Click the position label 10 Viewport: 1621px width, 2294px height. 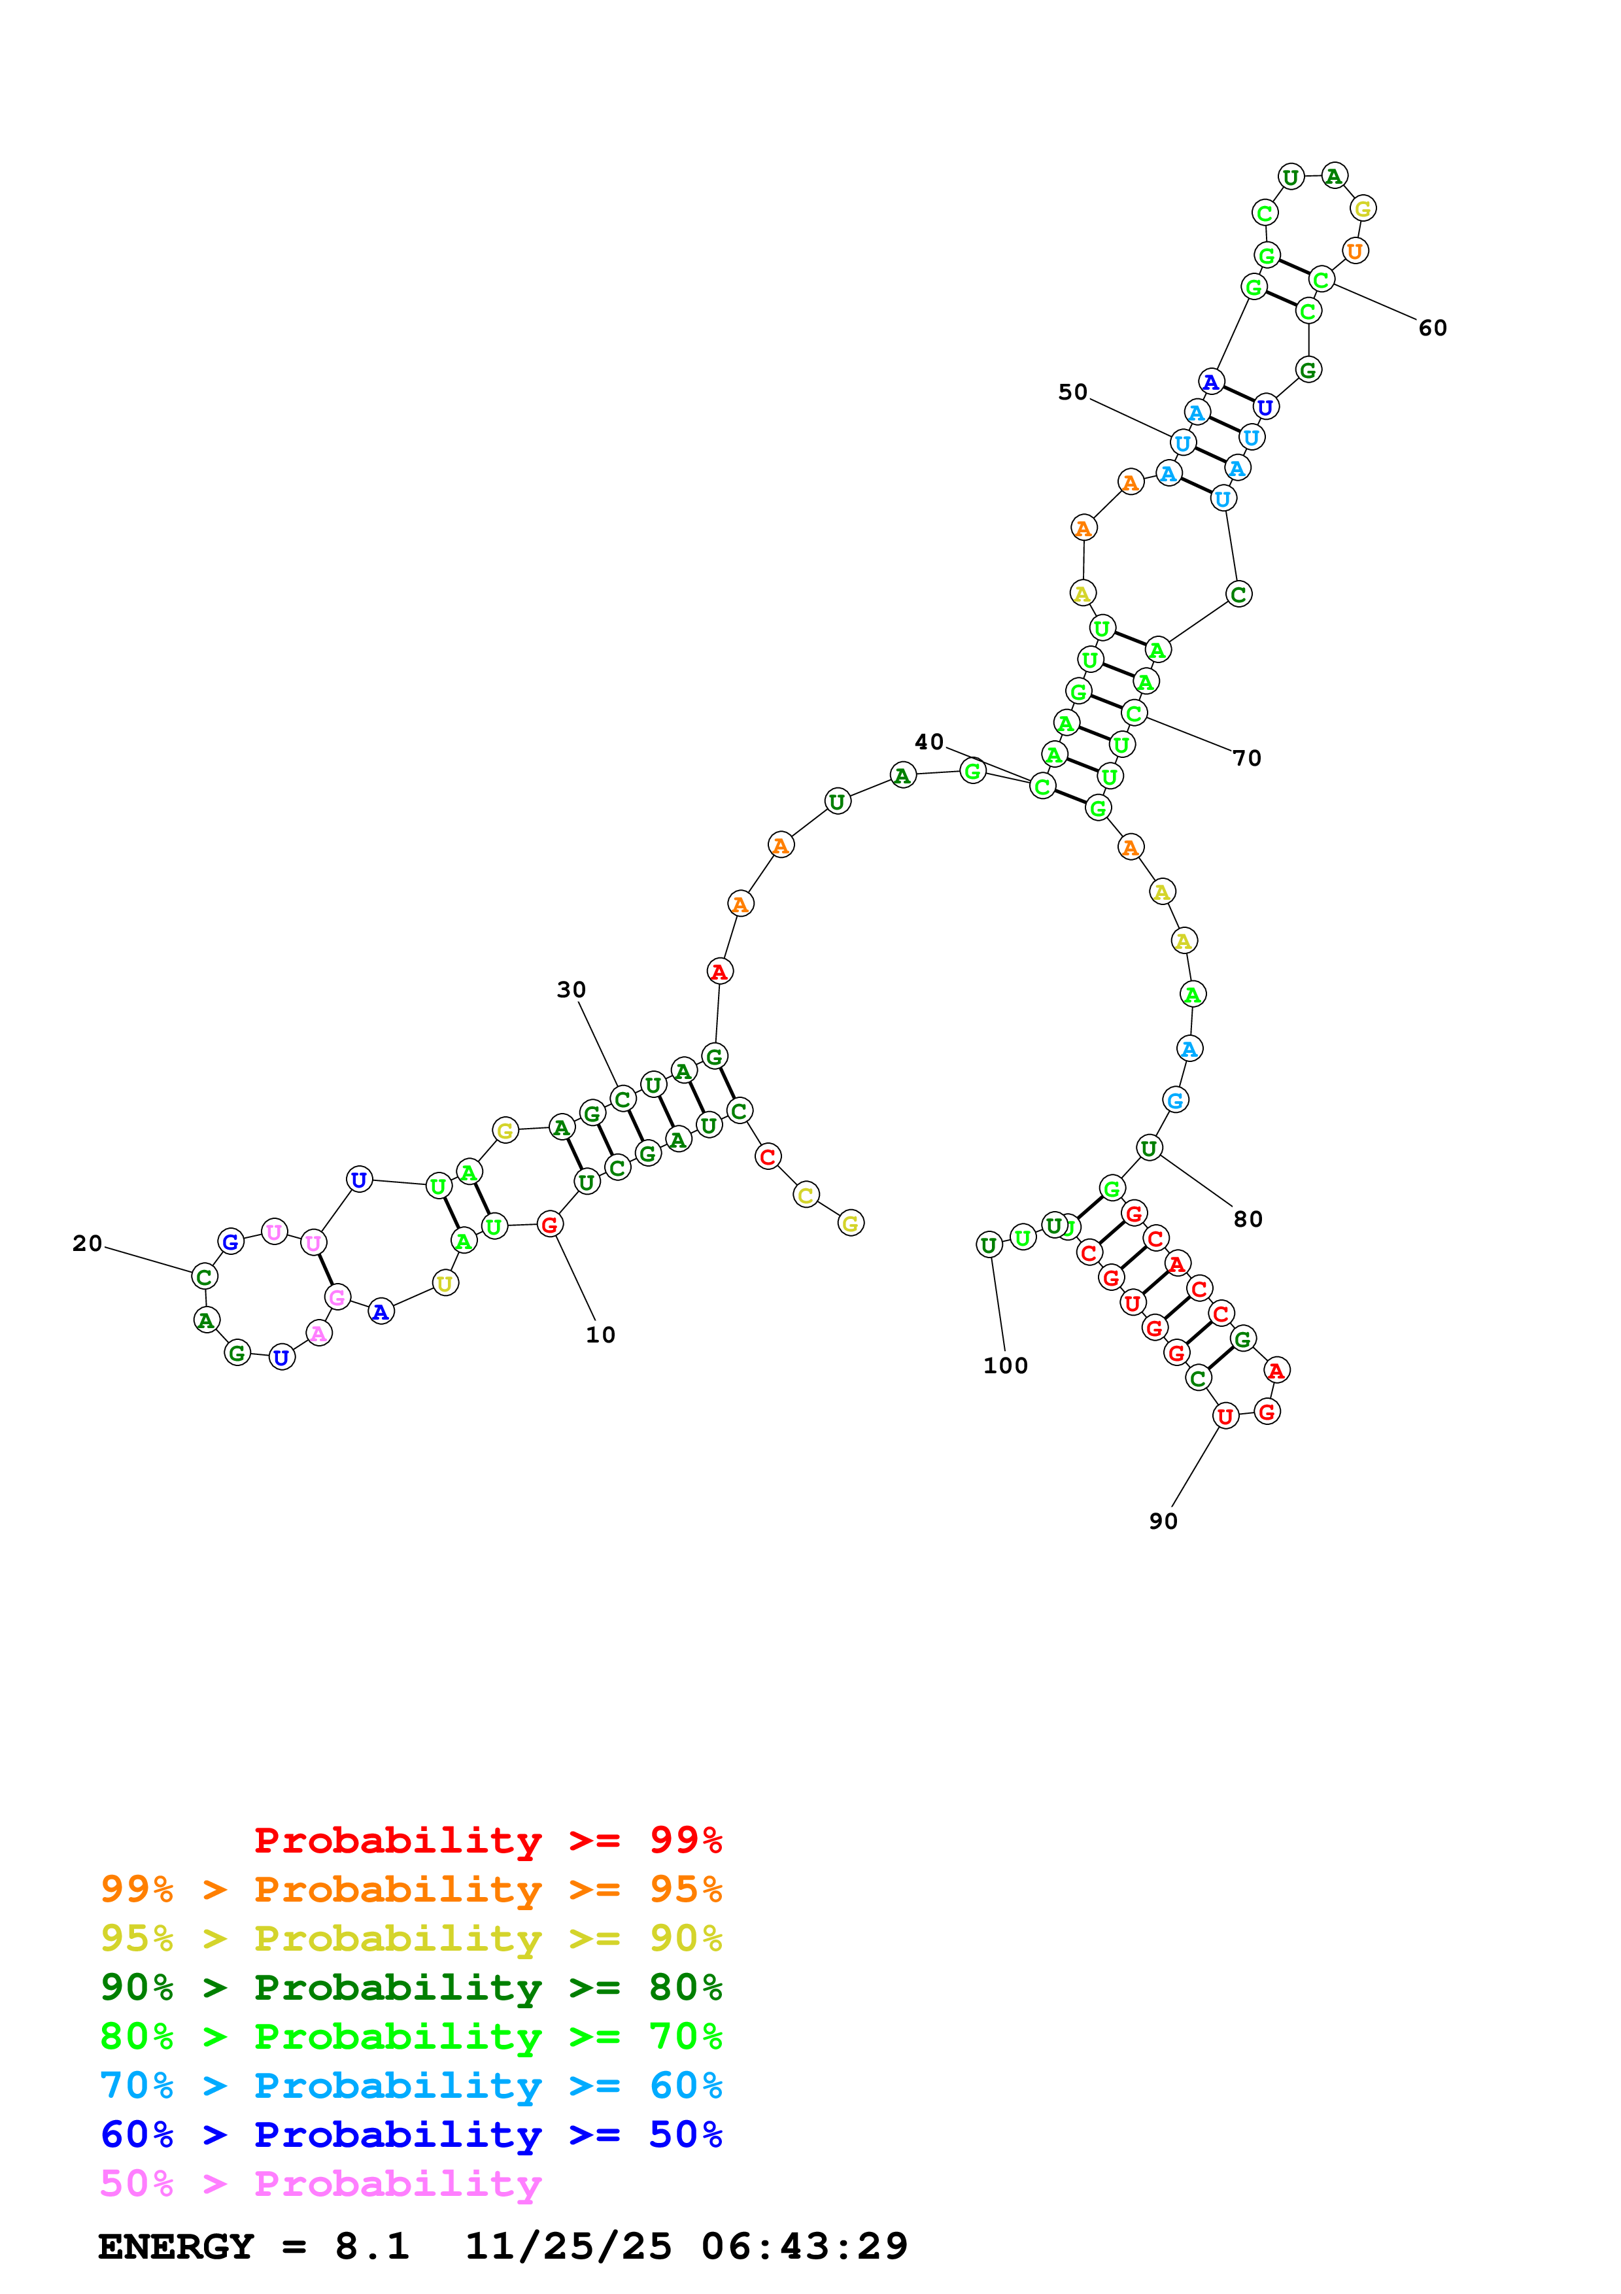(600, 1335)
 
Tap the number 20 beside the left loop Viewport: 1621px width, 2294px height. (87, 1244)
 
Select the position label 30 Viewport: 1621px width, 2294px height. (572, 990)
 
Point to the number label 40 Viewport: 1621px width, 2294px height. (929, 742)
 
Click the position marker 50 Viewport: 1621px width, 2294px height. (1072, 392)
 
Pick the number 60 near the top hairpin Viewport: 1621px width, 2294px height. (1432, 329)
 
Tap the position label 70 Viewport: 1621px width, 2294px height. (1246, 759)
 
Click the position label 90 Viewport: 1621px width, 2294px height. (1163, 1522)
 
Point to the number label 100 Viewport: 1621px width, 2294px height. (1005, 1366)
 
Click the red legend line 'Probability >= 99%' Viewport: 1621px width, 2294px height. (487, 1840)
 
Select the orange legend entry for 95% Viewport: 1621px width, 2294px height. (411, 1889)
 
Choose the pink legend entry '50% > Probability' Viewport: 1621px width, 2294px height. (320, 2183)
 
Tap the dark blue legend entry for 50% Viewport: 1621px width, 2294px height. (411, 2134)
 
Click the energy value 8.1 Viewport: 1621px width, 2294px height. (371, 2246)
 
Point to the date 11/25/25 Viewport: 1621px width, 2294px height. (568, 2246)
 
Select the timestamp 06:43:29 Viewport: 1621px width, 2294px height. (804, 2246)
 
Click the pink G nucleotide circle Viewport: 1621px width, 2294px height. (337, 1297)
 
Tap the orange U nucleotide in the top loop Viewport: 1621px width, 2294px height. (1354, 250)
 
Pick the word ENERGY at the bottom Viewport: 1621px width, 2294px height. (176, 2246)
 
